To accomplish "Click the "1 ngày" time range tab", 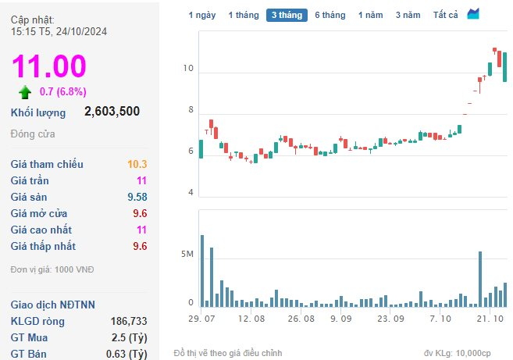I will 201,15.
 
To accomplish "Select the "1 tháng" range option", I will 242,15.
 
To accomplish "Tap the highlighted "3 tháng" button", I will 287,15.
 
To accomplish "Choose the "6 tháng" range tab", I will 330,15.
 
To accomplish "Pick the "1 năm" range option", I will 370,15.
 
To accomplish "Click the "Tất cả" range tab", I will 445,15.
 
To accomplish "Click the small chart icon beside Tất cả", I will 474,14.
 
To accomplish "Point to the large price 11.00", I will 48,66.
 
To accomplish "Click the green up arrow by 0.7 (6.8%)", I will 25,92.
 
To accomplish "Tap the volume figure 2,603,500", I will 112,112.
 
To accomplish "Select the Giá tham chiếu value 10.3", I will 137,164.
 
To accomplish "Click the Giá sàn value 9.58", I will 136,197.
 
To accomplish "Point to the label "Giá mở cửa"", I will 39,213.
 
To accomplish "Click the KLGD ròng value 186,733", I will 128,321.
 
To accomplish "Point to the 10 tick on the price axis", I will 187,69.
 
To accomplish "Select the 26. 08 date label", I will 301,319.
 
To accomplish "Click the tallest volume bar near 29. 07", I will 201,270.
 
